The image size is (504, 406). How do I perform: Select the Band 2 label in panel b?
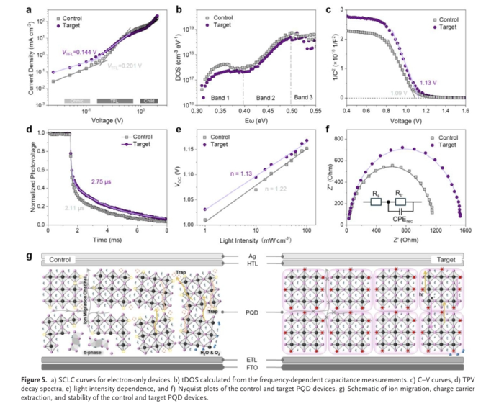(266, 96)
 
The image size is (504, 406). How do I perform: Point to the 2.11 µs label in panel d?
(75, 207)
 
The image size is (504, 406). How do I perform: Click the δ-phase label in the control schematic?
(91, 353)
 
